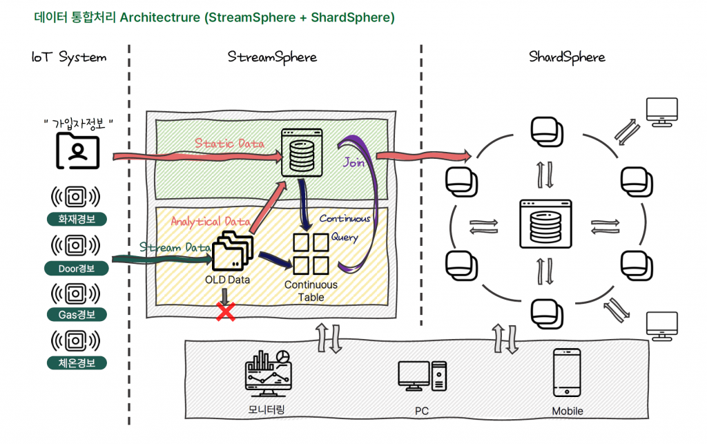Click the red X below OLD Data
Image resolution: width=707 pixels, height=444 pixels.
pos(224,313)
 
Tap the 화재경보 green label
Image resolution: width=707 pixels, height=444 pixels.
pos(77,220)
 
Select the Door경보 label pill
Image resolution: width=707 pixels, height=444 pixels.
pos(77,268)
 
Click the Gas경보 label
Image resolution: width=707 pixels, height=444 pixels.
pos(77,315)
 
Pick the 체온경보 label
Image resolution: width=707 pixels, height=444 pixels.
pos(77,362)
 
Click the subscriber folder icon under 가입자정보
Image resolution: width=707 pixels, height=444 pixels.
pos(77,151)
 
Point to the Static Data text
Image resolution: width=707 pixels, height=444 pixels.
pos(229,144)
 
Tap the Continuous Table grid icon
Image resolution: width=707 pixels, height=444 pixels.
pos(310,253)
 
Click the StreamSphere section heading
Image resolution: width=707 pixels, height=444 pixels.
pos(272,57)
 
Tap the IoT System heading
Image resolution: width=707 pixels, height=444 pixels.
pos(69,57)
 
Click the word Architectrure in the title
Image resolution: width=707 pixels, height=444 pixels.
pos(160,17)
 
